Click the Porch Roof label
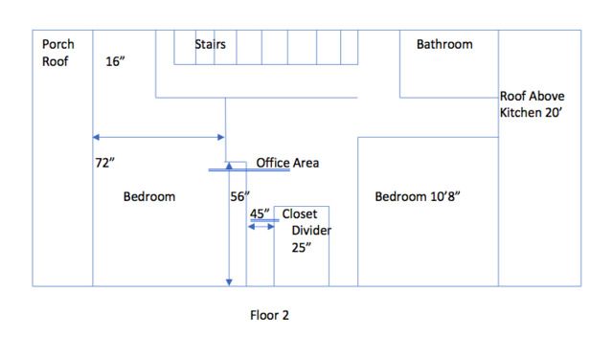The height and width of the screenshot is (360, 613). pos(57,53)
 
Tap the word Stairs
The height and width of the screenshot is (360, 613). pos(211,44)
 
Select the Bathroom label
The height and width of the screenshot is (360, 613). pos(444,44)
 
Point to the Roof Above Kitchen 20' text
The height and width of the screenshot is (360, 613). pos(533,104)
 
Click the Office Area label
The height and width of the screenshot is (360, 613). pos(287,163)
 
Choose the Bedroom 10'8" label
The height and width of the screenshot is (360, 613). pos(418,196)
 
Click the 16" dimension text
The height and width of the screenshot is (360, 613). pos(115,61)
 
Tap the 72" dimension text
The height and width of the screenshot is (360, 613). pos(104,163)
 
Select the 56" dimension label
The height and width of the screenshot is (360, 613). pos(239,196)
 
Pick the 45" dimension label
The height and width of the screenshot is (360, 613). pos(260,214)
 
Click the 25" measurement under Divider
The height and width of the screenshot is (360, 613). pos(302,247)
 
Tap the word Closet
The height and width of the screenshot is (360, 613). pos(300,214)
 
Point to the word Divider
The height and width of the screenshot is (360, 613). pos(311,230)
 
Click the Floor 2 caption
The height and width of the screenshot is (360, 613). pos(269,315)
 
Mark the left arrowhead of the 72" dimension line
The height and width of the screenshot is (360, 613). pos(96,137)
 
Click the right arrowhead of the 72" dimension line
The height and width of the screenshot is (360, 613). pos(221,137)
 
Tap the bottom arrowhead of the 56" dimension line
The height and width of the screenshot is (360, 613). pos(229,282)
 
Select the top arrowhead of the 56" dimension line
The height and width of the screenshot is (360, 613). pos(229,166)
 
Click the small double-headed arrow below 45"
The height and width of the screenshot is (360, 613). pos(261,227)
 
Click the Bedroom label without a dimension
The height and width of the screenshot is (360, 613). pos(149,196)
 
